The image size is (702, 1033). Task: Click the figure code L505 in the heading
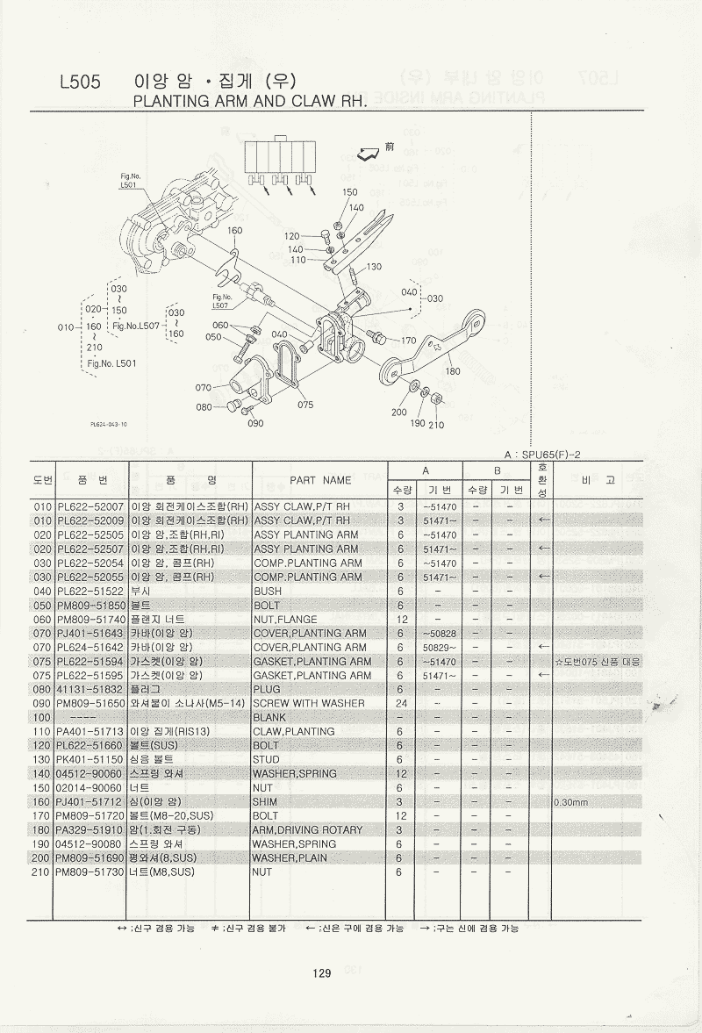coord(80,83)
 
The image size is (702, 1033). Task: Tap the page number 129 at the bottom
coord(320,972)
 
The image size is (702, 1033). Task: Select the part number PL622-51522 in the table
coord(90,592)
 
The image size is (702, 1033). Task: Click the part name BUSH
coord(268,592)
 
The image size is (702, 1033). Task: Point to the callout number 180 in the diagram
coord(453,371)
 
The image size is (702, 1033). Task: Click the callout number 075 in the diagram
coord(305,405)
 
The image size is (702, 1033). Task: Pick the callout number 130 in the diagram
coord(374,267)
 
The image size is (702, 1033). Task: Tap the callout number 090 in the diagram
coord(255,423)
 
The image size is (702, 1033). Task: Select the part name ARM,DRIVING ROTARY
coord(307,830)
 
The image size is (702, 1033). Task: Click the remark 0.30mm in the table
coord(570,802)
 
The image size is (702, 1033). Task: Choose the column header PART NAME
coord(320,480)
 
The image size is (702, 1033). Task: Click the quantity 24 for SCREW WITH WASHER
coord(400,704)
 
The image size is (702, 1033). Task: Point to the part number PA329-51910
coord(90,830)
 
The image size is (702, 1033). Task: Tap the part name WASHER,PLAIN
coord(290,858)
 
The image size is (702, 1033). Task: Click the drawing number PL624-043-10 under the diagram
coord(109,424)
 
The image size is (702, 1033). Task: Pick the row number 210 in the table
coord(42,872)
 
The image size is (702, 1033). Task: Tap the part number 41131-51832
coord(90,690)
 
